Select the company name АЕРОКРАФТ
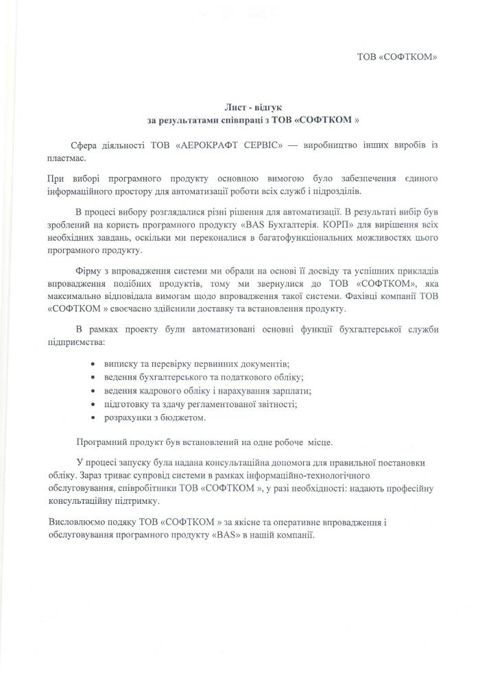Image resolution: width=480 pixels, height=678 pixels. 206,145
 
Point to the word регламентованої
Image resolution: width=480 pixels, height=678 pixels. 227,404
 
